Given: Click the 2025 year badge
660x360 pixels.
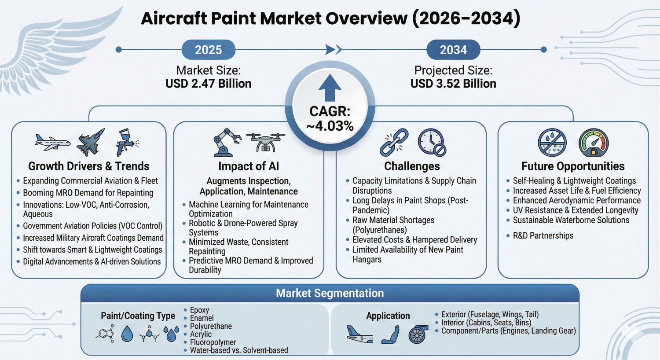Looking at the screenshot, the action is click(x=208, y=49).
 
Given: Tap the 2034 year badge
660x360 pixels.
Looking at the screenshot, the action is click(x=453, y=49).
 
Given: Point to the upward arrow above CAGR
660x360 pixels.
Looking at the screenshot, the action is click(x=330, y=88).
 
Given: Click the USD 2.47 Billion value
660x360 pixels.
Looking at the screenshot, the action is click(x=208, y=84).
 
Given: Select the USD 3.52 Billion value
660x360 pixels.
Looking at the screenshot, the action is click(x=453, y=84).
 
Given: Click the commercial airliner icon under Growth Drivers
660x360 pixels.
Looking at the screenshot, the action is click(x=52, y=142).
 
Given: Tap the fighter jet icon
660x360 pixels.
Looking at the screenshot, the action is click(x=91, y=142).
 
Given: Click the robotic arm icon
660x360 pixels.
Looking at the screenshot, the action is click(x=227, y=142).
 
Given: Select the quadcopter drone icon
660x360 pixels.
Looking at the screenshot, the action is click(x=265, y=142).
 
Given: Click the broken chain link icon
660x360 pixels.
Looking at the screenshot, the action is click(x=394, y=142).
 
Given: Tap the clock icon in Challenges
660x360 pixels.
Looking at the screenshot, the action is click(x=432, y=142).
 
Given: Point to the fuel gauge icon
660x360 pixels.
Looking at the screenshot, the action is click(x=594, y=143).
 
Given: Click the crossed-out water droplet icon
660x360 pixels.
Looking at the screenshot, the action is click(x=552, y=143).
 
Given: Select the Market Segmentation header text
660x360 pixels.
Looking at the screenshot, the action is click(x=330, y=293).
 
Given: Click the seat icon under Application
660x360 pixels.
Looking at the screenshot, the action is click(x=390, y=334).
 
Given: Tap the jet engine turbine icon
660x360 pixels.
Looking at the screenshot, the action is click(x=418, y=334).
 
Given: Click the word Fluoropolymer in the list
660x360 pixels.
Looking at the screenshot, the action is click(x=213, y=342).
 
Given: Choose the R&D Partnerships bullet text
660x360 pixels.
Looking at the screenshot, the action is click(x=543, y=236).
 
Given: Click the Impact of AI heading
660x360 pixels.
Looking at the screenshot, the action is click(x=249, y=166).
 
